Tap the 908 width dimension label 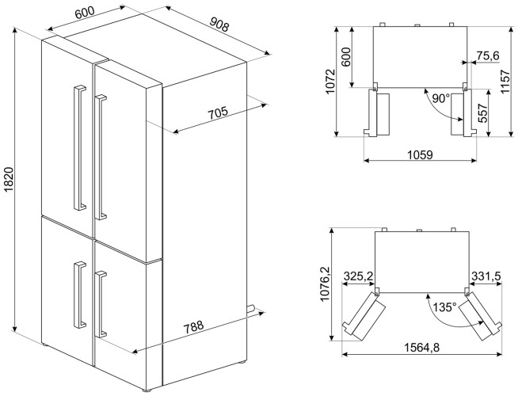tap(219, 24)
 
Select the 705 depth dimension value tap(218, 113)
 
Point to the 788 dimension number tap(193, 327)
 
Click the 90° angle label tap(441, 98)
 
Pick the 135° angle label tap(444, 307)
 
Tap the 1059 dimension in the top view tap(420, 154)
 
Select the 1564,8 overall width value tap(422, 348)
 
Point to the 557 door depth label tap(483, 113)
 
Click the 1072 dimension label tap(330, 82)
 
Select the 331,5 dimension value tap(486, 276)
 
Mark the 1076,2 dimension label tap(325, 284)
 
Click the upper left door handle tap(79, 148)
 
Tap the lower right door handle tap(101, 304)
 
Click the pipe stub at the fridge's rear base tap(250, 309)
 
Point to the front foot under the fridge tap(147, 390)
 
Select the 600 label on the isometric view tap(85, 13)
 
